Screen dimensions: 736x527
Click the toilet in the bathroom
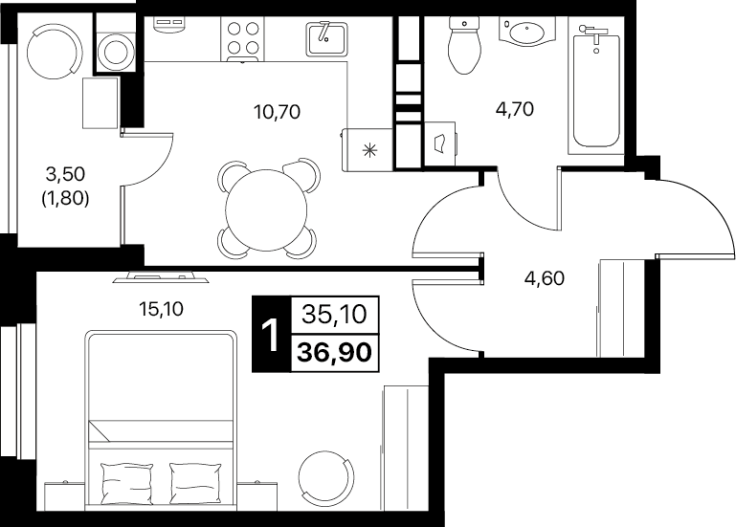coord(465,46)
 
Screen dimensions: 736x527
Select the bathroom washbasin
coord(526,31)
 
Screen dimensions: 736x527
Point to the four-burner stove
coord(243,39)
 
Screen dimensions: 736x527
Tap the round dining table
coord(266,210)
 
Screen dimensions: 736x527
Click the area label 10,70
coord(277,112)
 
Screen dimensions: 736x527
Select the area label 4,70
coord(515,109)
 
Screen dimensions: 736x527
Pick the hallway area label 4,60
coord(545,278)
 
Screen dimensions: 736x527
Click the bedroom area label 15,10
coord(161,309)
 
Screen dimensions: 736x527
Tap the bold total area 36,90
coord(335,352)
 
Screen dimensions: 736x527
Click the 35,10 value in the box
coord(334,314)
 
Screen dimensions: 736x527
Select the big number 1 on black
coord(271,335)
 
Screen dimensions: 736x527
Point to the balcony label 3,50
coord(65,174)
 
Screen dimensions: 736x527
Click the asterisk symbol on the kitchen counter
coord(369,150)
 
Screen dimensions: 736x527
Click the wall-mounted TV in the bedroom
coord(161,277)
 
